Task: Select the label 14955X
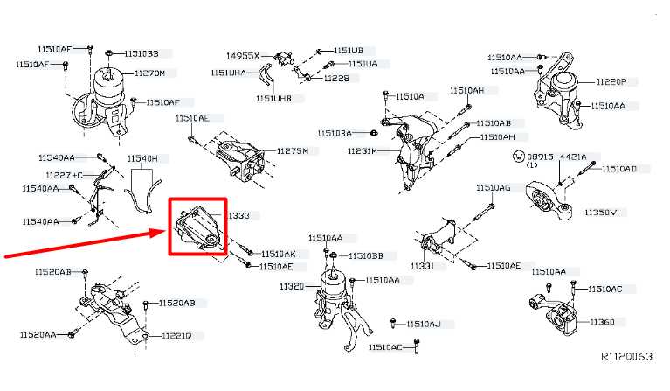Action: pyautogui.click(x=243, y=55)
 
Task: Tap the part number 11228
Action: pyautogui.click(x=335, y=78)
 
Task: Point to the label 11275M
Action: pyautogui.click(x=292, y=150)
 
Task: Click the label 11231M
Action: pyautogui.click(x=360, y=151)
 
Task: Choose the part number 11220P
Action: pyautogui.click(x=611, y=81)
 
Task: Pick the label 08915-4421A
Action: pyautogui.click(x=563, y=157)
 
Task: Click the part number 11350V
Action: pyautogui.click(x=600, y=213)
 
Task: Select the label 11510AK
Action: pyautogui.click(x=278, y=254)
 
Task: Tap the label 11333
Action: pyautogui.click(x=238, y=214)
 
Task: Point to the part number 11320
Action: pyautogui.click(x=292, y=287)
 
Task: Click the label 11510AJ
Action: pyautogui.click(x=424, y=324)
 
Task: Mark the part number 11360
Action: pyautogui.click(x=602, y=322)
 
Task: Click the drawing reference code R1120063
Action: pyautogui.click(x=626, y=356)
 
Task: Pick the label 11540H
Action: pyautogui.click(x=142, y=158)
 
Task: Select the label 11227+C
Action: pyautogui.click(x=65, y=175)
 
